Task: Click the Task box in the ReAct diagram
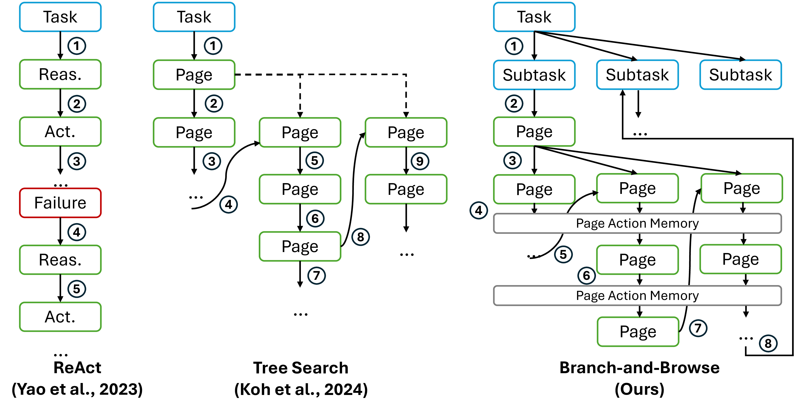point(60,17)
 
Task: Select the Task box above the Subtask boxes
point(534,17)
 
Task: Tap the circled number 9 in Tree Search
point(420,161)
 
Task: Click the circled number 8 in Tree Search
point(360,237)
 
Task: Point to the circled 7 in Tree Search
point(316,276)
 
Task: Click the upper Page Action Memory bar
point(637,223)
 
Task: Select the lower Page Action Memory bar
point(637,296)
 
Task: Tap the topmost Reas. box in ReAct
point(60,74)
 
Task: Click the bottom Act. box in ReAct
point(60,317)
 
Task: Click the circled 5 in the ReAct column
point(76,289)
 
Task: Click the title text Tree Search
point(301,368)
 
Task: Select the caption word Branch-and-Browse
point(639,368)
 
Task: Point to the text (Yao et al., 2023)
point(77,389)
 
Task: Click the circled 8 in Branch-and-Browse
point(768,343)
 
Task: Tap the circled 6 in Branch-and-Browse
point(586,276)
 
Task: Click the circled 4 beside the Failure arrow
point(76,232)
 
